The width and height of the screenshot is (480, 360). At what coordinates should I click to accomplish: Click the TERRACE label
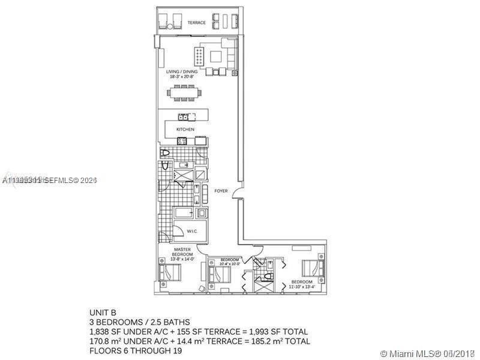196,23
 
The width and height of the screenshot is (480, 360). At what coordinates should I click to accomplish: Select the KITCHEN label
185,129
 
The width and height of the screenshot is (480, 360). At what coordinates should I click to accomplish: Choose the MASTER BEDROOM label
182,251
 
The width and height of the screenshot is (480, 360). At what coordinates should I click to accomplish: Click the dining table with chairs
185,93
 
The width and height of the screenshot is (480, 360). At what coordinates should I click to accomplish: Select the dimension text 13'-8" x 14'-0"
182,259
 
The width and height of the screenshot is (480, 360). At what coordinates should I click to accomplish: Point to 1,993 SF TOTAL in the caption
282,332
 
